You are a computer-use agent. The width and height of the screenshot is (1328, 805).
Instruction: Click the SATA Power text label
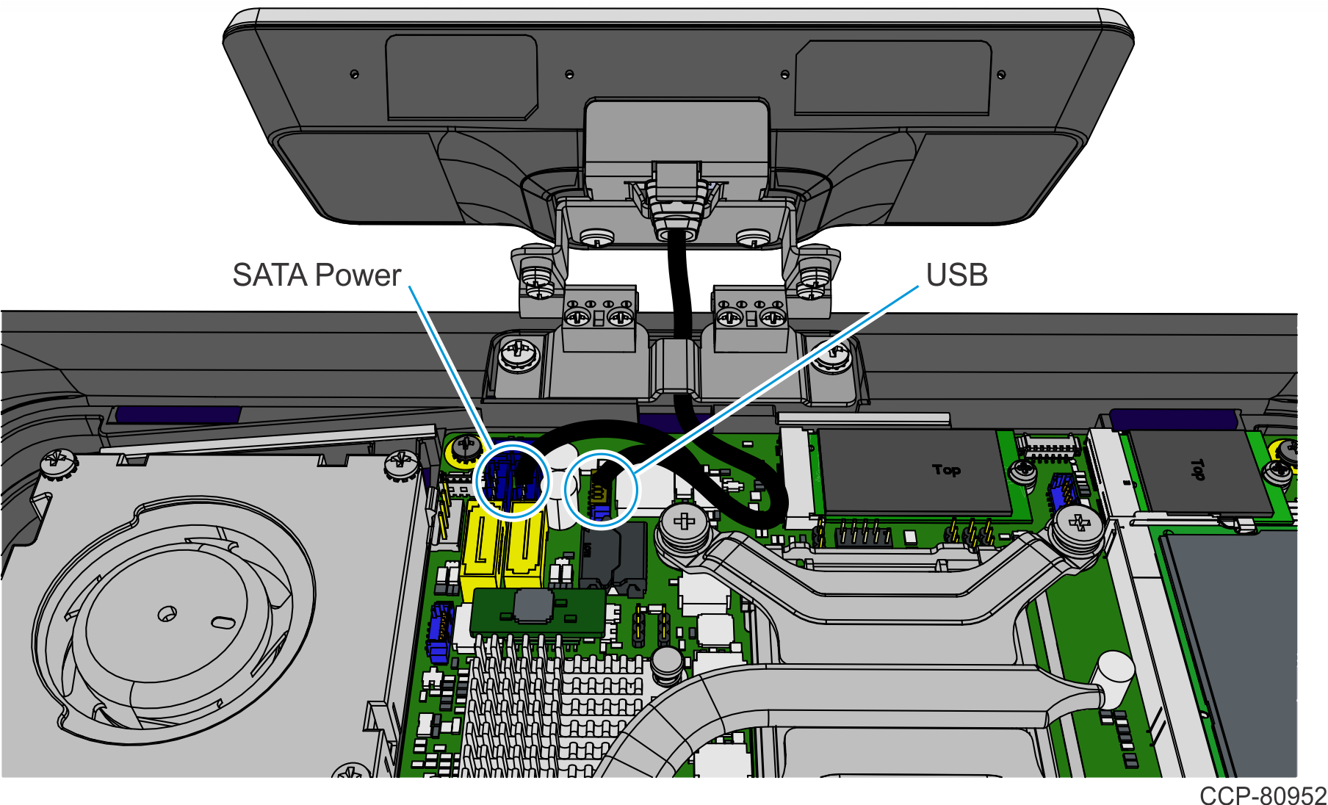[317, 275]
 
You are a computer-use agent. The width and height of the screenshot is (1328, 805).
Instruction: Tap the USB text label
[956, 275]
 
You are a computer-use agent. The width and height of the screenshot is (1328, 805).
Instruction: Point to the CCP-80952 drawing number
[1263, 795]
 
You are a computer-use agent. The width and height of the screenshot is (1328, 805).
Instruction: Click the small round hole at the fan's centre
[167, 613]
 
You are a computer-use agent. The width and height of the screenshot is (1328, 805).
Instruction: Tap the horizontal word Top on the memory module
[946, 469]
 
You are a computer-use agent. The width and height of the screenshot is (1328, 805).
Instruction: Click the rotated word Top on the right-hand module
[1197, 469]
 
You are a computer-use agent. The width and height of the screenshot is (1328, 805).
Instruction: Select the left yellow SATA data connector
[481, 547]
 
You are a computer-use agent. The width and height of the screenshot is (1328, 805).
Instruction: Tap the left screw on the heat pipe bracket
[684, 523]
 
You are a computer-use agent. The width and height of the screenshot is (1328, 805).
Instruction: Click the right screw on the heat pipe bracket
[1078, 524]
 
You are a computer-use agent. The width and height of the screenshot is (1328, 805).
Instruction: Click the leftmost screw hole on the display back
[355, 74]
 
